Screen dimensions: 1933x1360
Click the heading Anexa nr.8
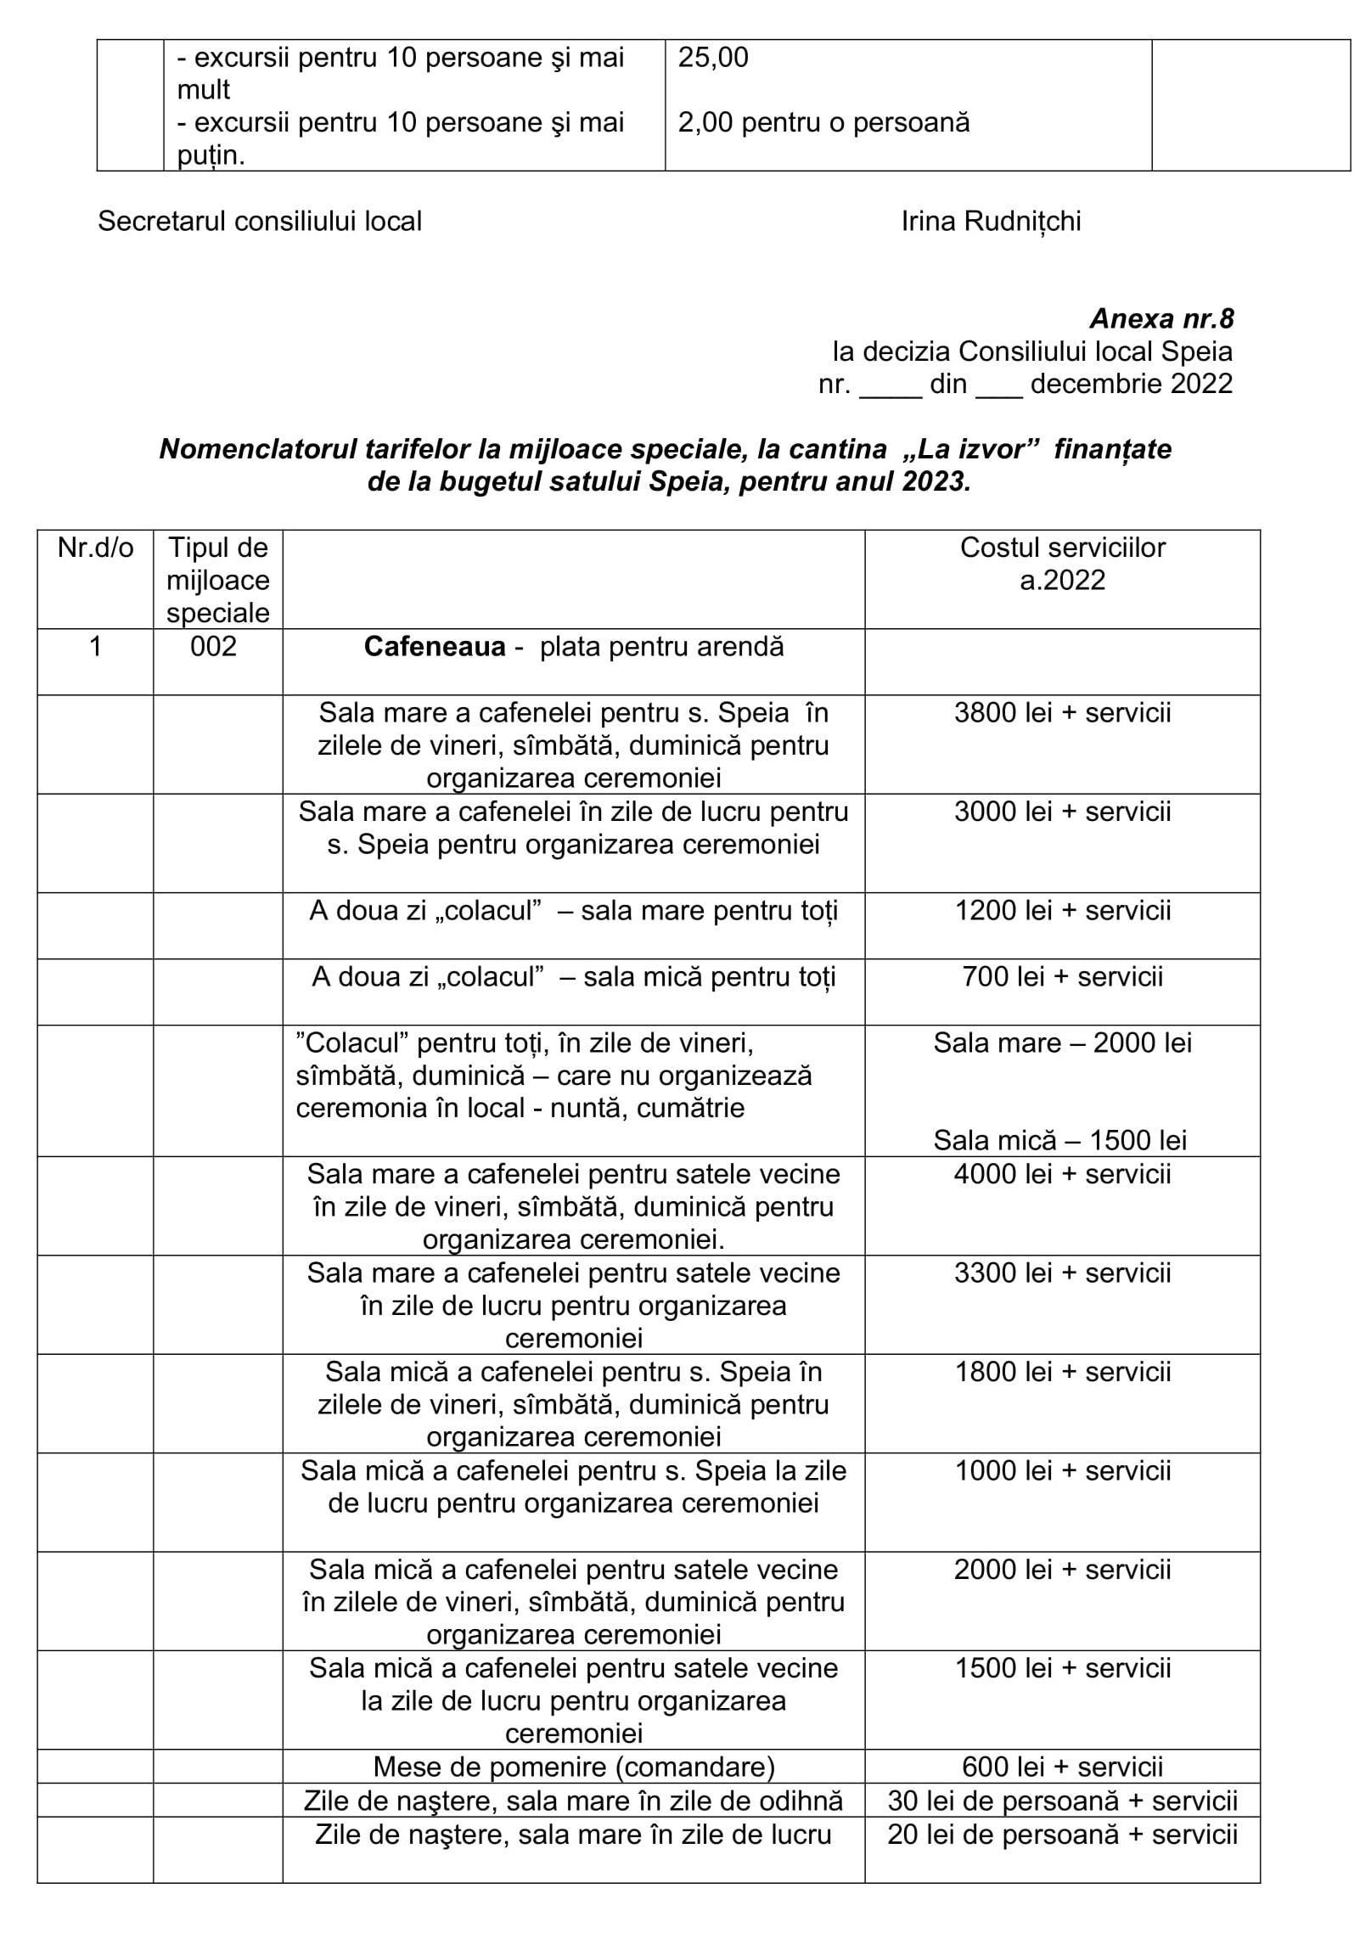point(1160,319)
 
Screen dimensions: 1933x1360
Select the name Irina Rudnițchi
point(991,222)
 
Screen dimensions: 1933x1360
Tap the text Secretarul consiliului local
point(260,222)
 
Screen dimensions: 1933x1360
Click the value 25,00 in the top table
point(713,58)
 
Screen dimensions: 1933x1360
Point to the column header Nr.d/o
point(95,548)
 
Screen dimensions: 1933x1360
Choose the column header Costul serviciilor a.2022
point(1062,564)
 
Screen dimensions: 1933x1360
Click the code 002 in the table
point(214,647)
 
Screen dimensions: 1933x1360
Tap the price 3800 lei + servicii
point(1062,713)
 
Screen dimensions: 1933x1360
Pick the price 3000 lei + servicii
point(1062,812)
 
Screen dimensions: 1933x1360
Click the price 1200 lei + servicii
point(1062,911)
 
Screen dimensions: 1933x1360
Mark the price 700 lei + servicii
point(1062,977)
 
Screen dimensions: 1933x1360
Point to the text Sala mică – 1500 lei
point(1060,1140)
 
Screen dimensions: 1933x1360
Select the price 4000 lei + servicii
point(1062,1174)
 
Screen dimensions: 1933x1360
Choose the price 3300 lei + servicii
point(1062,1273)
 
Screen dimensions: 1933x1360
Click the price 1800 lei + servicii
point(1062,1372)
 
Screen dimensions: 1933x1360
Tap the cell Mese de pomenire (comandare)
point(574,1767)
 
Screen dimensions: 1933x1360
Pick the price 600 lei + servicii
point(1062,1767)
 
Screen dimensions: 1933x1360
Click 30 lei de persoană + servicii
point(1062,1801)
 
